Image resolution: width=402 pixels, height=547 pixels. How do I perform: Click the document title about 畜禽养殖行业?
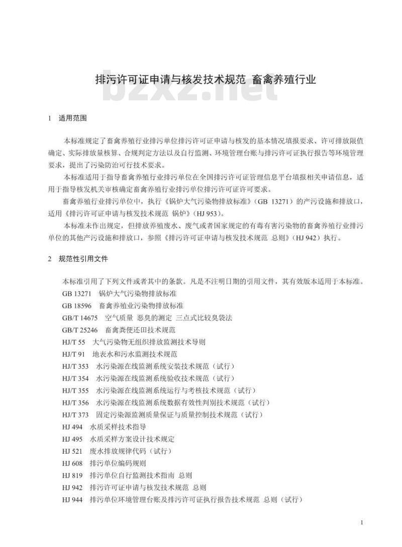tap(206, 79)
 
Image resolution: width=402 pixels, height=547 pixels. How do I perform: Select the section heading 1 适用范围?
tap(67, 119)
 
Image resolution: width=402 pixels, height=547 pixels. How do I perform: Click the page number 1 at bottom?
tap(362, 523)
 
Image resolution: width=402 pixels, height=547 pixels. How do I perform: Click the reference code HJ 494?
tap(72, 427)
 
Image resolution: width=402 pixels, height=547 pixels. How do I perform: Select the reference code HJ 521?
tap(72, 451)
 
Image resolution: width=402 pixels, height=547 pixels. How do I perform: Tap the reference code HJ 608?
tap(72, 463)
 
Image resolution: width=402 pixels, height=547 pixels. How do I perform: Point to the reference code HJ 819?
tap(72, 475)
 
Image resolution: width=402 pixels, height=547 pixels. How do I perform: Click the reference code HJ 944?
tap(72, 500)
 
